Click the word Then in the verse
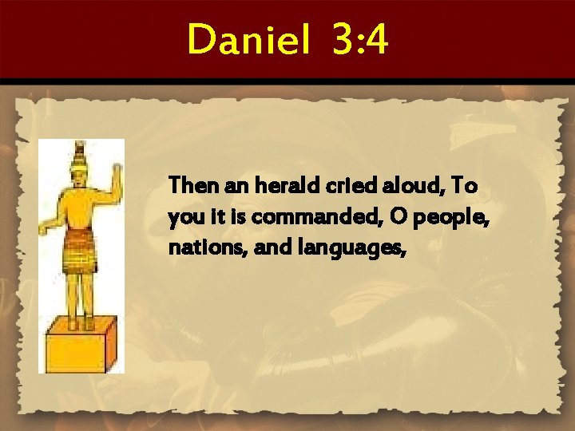tap(188, 186)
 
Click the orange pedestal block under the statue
tap(79, 346)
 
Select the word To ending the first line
tap(464, 186)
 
